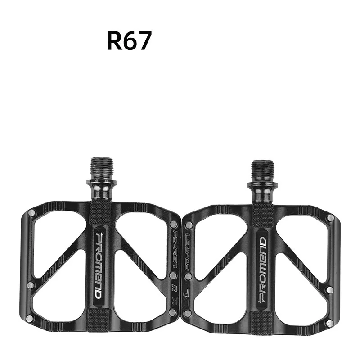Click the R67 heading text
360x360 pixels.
(129, 41)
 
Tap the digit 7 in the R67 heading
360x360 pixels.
(144, 41)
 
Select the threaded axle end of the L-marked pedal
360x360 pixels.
(263, 170)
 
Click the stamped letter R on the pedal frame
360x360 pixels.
(173, 287)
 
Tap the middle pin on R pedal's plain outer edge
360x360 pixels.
(30, 285)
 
